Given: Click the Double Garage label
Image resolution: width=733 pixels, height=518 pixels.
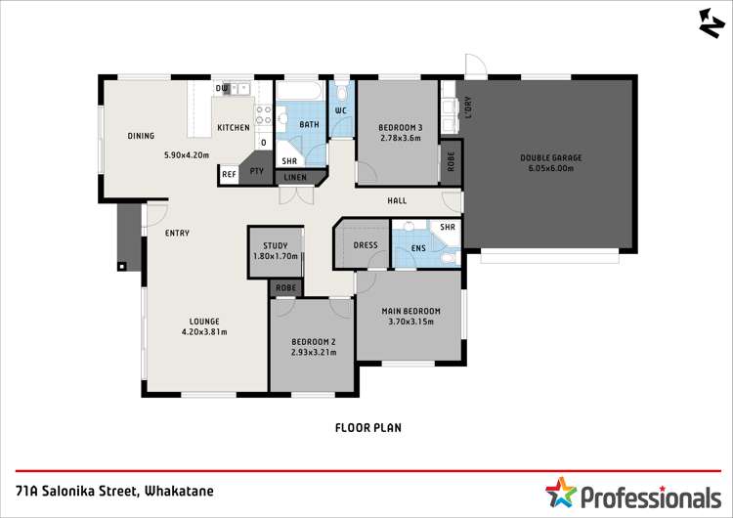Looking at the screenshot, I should pyautogui.click(x=551, y=157).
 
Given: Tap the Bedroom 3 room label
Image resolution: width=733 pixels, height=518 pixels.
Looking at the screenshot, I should pyautogui.click(x=401, y=127).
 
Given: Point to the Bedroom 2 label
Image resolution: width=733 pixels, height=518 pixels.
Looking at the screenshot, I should pyautogui.click(x=313, y=341).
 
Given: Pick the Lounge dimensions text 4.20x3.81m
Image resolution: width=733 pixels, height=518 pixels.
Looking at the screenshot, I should pyautogui.click(x=204, y=331).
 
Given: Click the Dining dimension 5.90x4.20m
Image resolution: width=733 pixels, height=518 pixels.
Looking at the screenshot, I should pyautogui.click(x=187, y=154).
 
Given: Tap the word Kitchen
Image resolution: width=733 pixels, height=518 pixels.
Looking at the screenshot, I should pyautogui.click(x=233, y=128).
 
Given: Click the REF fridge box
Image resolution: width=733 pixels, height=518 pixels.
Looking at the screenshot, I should pyautogui.click(x=229, y=174).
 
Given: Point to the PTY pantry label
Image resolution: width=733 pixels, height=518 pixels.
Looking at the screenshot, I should pyautogui.click(x=257, y=172).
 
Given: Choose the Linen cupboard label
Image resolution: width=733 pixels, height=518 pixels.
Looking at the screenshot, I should pyautogui.click(x=295, y=178).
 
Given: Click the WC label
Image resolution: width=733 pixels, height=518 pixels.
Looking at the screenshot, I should pyautogui.click(x=341, y=110).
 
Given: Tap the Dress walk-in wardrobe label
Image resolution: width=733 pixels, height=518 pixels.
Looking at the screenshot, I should pyautogui.click(x=366, y=245).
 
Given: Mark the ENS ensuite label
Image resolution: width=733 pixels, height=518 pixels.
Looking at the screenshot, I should pyautogui.click(x=417, y=248).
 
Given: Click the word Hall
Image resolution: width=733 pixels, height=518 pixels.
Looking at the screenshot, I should pyautogui.click(x=397, y=201).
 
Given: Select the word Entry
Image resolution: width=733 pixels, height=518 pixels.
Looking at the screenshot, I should pyautogui.click(x=177, y=233).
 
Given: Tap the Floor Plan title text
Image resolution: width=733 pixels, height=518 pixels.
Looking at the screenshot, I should pyautogui.click(x=367, y=427).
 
